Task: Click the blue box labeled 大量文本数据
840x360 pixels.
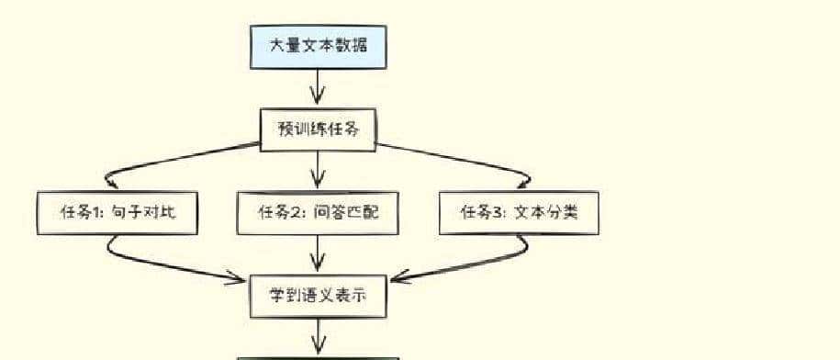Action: point(318,46)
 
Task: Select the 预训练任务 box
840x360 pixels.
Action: point(318,129)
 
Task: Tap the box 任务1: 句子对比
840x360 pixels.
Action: point(118,213)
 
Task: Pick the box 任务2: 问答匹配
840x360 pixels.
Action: point(318,213)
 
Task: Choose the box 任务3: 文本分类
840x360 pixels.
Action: point(520,213)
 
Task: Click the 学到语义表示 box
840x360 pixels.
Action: point(318,296)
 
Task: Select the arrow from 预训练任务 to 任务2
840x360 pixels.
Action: point(318,171)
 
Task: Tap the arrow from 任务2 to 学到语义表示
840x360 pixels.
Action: point(318,253)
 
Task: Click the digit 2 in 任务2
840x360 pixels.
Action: point(295,213)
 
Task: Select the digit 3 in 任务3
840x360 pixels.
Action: point(497,213)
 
